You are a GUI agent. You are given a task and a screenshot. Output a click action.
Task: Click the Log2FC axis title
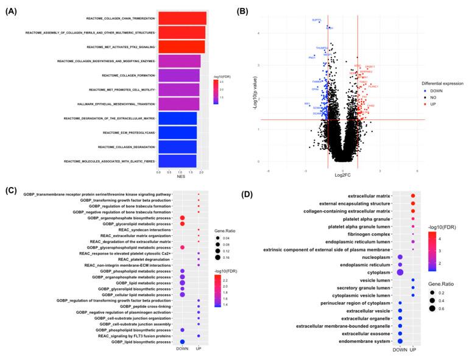[342, 175]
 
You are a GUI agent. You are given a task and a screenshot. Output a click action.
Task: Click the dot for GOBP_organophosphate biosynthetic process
[183, 217]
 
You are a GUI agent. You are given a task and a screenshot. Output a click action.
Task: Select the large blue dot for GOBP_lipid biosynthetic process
[183, 342]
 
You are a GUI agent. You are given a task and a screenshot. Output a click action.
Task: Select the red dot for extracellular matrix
[413, 195]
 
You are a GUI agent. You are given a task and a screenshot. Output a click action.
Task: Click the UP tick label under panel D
[413, 350]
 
